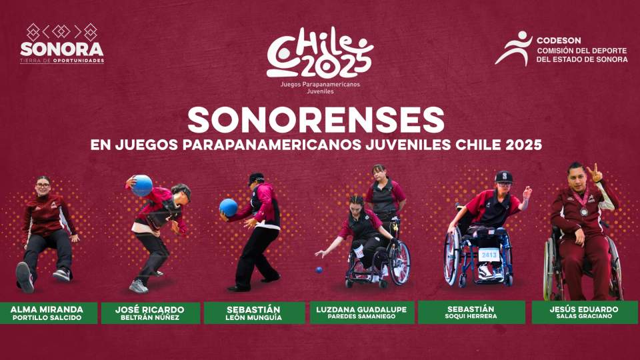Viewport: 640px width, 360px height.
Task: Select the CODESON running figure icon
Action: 513,49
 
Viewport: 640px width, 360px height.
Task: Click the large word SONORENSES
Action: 315,119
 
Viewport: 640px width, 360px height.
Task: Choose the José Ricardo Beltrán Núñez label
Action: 150,313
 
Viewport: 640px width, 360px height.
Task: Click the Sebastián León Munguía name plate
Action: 255,313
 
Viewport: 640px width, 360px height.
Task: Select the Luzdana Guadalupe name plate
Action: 362,313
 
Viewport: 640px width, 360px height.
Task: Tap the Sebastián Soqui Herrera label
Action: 471,313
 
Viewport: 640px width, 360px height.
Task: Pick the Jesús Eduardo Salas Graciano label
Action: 584,313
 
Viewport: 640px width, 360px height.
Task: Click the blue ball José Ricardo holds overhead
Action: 142,185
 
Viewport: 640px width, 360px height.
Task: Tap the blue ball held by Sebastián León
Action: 229,207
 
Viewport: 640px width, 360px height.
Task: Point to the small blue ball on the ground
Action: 319,270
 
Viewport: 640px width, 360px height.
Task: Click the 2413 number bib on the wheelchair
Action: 489,254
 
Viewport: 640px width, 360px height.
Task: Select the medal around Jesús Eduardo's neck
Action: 585,212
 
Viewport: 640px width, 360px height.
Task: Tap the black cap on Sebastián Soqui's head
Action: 505,177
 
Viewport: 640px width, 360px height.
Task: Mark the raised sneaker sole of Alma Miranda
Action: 25,277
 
